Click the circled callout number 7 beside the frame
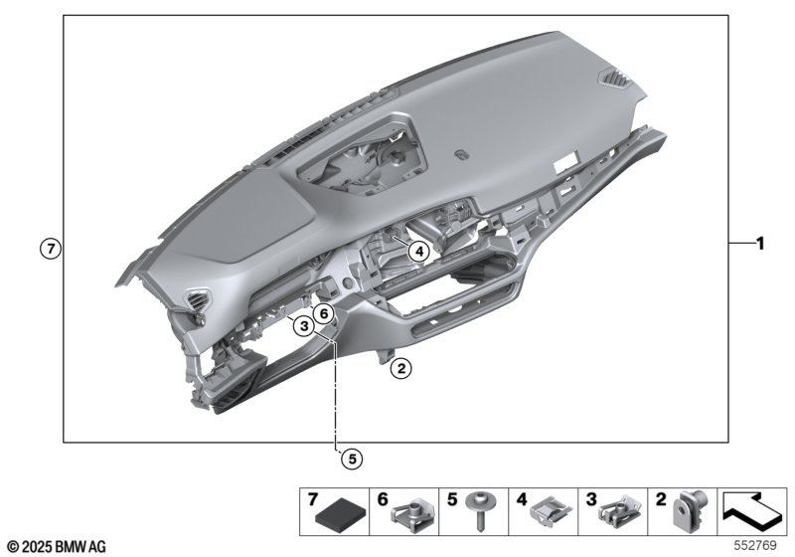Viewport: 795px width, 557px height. [51, 249]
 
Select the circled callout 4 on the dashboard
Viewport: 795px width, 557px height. [418, 251]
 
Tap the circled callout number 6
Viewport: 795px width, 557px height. [324, 314]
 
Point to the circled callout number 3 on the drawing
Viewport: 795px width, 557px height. [304, 325]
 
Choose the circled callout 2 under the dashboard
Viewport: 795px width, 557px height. [401, 368]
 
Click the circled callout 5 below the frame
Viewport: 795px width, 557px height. [352, 460]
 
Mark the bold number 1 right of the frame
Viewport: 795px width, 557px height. [759, 244]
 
